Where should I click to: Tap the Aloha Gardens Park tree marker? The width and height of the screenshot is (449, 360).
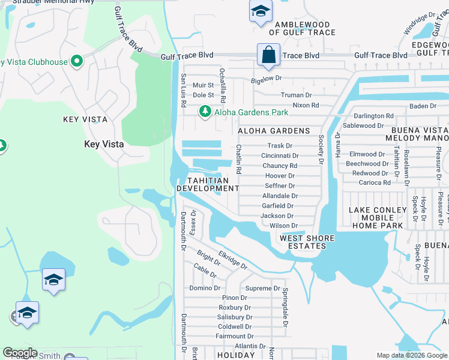(205, 112)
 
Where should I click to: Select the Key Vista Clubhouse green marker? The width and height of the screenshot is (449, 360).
(76, 61)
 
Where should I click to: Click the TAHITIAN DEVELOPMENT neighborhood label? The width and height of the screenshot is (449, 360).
(208, 184)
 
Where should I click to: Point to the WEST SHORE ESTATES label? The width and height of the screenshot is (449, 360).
(307, 242)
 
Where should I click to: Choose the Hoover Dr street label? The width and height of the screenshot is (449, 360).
(280, 176)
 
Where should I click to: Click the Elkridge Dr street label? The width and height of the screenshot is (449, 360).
(233, 260)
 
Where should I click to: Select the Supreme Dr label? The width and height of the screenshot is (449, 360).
(263, 288)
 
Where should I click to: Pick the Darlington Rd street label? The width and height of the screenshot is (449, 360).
(373, 116)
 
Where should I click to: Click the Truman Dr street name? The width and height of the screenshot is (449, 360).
(297, 95)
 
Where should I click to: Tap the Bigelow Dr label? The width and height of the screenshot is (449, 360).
(266, 78)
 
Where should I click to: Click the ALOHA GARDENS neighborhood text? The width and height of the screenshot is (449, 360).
(274, 131)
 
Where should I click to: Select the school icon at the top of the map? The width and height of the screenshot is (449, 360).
(261, 11)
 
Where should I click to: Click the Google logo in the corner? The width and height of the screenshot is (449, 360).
(20, 353)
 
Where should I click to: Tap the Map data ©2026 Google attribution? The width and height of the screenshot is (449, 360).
(411, 355)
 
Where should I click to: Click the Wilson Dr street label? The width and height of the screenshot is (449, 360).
(283, 226)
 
